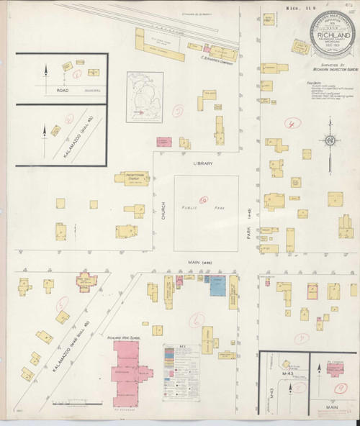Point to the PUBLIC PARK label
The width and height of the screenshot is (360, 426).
coord(204,209)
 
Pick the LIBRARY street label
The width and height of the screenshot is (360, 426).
coord(203,163)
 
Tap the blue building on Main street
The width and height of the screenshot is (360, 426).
coord(217,287)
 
